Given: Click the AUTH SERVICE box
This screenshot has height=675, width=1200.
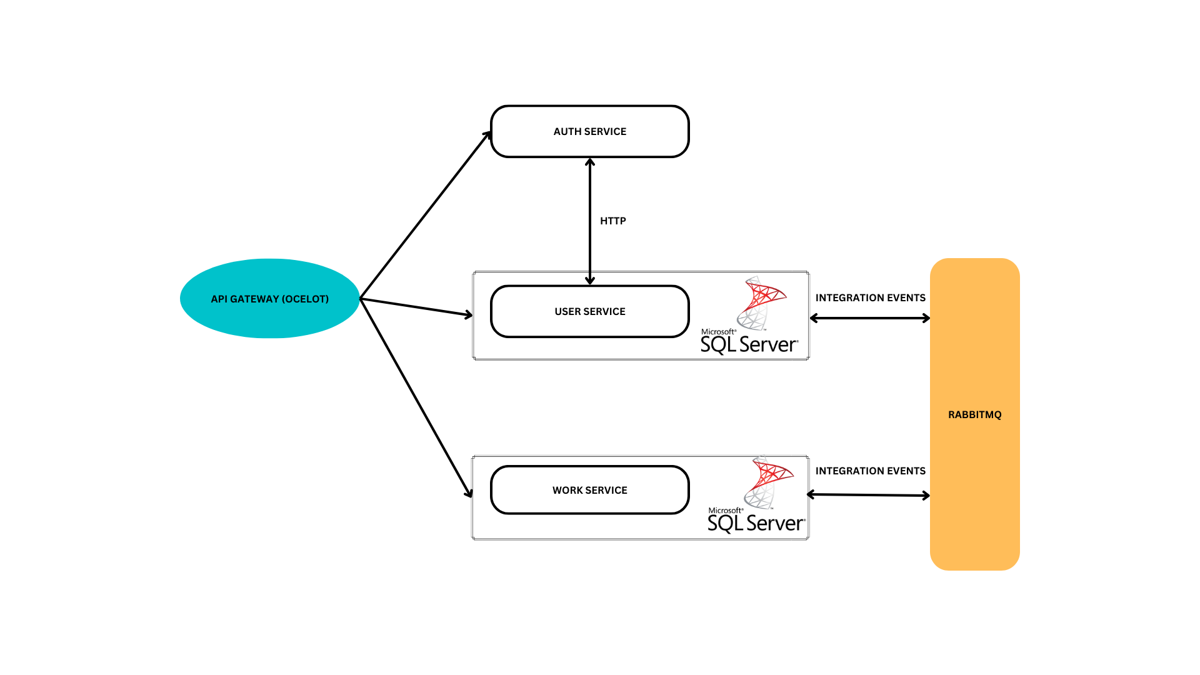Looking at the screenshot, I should pos(589,131).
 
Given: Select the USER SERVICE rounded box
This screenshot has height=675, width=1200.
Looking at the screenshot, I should pos(589,311).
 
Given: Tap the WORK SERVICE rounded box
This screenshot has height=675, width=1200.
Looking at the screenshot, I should pos(589,490).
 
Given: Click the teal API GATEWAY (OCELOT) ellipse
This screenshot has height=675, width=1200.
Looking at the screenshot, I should pos(269,299).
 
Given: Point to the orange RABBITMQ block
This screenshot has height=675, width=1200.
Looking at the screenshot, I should pos(974,375).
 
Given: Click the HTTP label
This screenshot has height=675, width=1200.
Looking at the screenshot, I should pos(612,221).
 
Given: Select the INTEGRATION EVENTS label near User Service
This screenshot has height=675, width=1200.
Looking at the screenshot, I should pos(870,297).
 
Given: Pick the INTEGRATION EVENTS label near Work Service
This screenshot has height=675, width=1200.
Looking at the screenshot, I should pos(870,471).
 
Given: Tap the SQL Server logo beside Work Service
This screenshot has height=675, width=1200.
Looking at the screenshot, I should pos(757,496).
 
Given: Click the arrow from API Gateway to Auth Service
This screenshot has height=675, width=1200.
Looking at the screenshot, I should pos(425,216).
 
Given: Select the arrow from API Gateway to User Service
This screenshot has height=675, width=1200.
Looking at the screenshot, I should pos(416,307).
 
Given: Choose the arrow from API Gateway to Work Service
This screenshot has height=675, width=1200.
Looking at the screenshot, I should pos(416,397).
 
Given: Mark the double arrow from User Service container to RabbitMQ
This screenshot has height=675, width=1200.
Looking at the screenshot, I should pos(869,318).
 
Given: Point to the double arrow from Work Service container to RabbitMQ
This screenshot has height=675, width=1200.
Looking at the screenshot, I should pos(868,495).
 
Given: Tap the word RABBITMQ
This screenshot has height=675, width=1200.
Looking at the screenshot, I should pos(974,414).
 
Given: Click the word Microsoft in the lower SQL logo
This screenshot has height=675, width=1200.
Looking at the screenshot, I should pos(725,511).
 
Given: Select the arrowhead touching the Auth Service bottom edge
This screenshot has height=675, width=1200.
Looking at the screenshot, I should pos(589,162).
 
